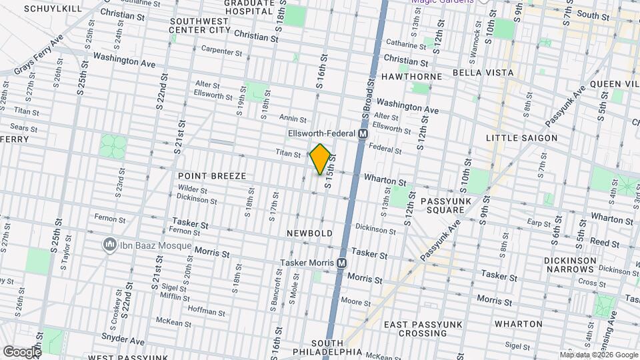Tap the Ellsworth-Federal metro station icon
coord(363,134)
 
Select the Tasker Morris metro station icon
coord(341,263)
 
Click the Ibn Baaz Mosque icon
coord(109,245)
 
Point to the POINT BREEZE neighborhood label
coord(212,176)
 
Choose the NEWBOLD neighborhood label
coord(309,234)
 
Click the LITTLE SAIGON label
coord(521,138)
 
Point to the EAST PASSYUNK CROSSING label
coord(419,329)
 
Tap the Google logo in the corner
coord(22,351)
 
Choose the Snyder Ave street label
coord(123,341)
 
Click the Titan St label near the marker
coord(288,153)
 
